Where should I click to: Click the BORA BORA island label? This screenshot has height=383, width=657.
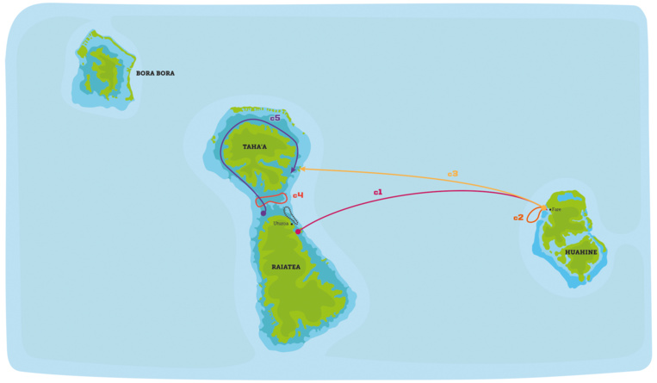click(x=155, y=73)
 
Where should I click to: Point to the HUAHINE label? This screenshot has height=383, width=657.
click(x=582, y=252)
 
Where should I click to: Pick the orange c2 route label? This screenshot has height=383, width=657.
click(x=518, y=217)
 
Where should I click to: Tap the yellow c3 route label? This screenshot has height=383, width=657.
click(x=452, y=175)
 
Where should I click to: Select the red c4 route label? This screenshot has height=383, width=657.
click(x=298, y=195)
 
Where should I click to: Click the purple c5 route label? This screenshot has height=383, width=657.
click(x=275, y=118)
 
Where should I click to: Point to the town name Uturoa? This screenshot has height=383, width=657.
click(x=281, y=224)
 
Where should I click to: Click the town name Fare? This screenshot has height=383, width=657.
click(x=556, y=209)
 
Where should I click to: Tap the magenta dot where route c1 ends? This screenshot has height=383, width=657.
click(x=298, y=231)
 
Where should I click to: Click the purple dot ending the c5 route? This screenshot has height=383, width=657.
click(x=263, y=213)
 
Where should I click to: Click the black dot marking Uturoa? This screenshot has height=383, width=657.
click(x=292, y=225)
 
